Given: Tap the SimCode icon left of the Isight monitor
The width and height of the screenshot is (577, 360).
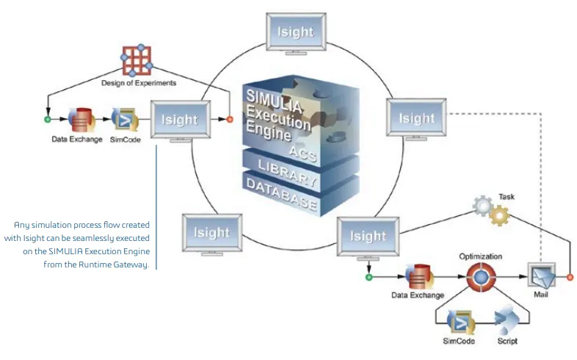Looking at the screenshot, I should tap(124, 119).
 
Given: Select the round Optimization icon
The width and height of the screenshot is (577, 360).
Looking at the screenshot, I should tap(481, 278).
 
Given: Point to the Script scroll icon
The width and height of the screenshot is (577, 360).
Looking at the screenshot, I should tap(505, 320).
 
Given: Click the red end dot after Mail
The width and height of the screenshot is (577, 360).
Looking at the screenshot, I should tap(570, 278).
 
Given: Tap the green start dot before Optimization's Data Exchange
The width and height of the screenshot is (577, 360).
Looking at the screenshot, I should tap(369, 278).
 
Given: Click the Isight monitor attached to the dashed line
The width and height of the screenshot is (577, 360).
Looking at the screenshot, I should tap(417, 118).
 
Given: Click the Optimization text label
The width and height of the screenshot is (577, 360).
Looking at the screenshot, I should tap(481, 256).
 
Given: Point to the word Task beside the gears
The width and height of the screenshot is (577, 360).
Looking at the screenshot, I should tap(507, 197).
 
